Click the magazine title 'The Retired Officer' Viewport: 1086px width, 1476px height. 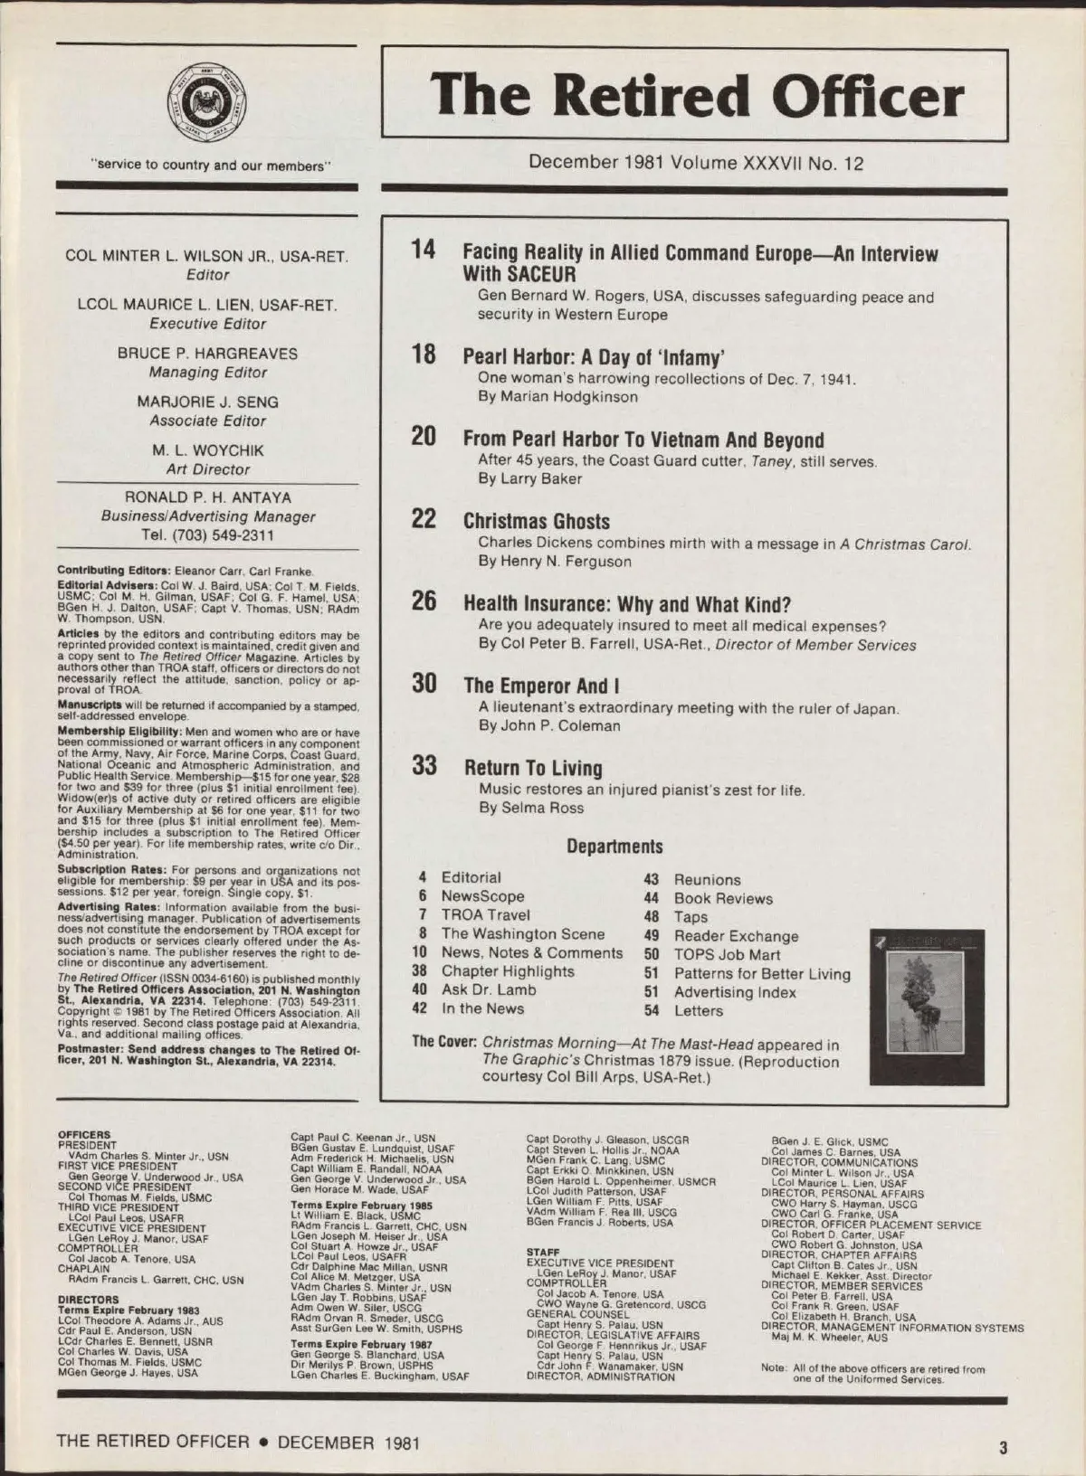click(696, 96)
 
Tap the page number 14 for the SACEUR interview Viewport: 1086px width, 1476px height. click(424, 251)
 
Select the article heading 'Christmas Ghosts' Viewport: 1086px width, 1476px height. click(536, 522)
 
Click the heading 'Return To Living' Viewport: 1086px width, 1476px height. click(533, 769)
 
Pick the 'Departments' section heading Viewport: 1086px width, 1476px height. click(614, 847)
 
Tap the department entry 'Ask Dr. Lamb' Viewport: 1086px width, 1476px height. click(488, 989)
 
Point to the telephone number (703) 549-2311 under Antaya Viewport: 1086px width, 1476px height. click(214, 535)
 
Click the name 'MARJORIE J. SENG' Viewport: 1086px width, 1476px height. click(207, 402)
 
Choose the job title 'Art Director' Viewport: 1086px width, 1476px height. click(207, 469)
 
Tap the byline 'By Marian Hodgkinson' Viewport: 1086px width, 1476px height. click(557, 397)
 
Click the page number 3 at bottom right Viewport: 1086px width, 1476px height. click(1003, 1446)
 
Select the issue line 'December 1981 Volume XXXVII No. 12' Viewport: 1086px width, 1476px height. click(696, 163)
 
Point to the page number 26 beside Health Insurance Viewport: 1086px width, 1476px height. click(424, 601)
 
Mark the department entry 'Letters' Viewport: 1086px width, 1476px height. click(698, 1011)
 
